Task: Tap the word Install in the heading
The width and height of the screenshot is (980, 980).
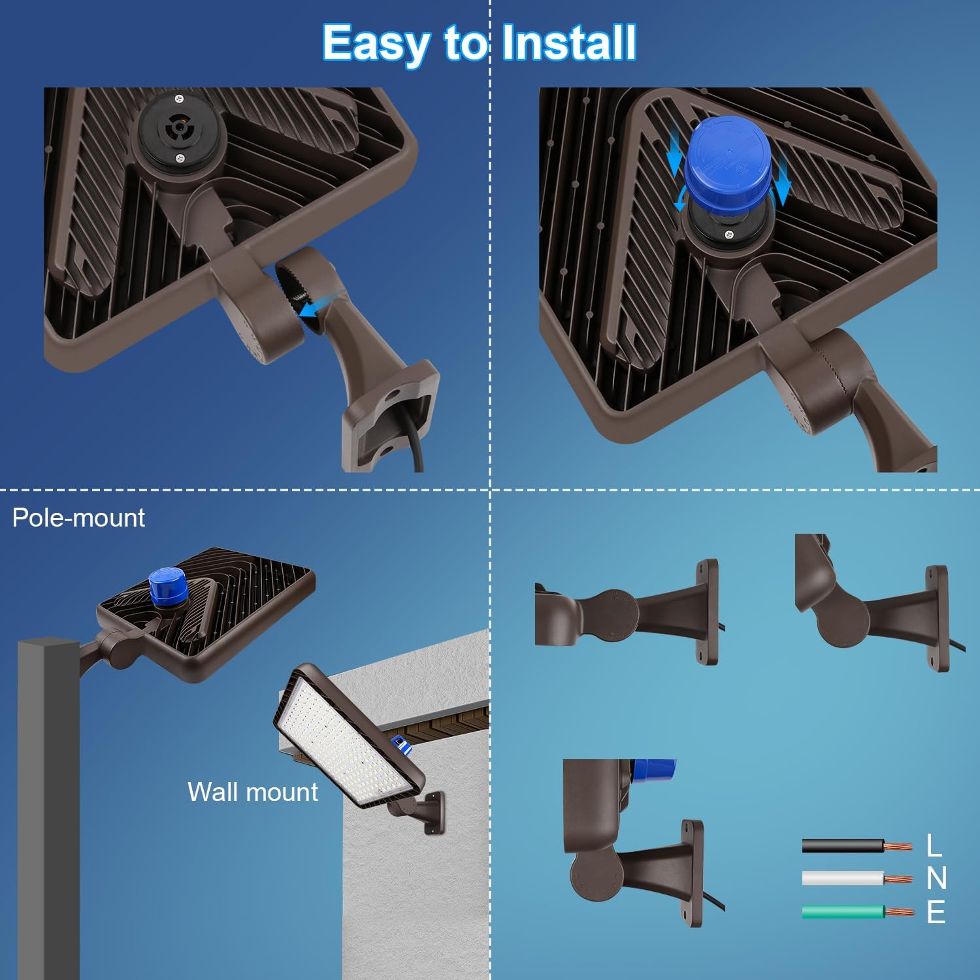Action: tap(568, 43)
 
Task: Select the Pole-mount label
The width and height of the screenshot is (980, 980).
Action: tap(78, 518)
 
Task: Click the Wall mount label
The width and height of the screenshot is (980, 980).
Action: tap(252, 792)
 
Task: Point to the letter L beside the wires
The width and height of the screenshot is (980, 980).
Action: tap(934, 845)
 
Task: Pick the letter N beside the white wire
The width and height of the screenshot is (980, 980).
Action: tap(936, 879)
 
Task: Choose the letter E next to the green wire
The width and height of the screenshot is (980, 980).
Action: tap(936, 912)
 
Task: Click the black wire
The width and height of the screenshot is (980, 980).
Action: tap(843, 846)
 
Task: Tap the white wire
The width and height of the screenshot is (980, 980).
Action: tap(843, 879)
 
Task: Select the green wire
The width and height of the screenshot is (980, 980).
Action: tap(843, 912)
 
